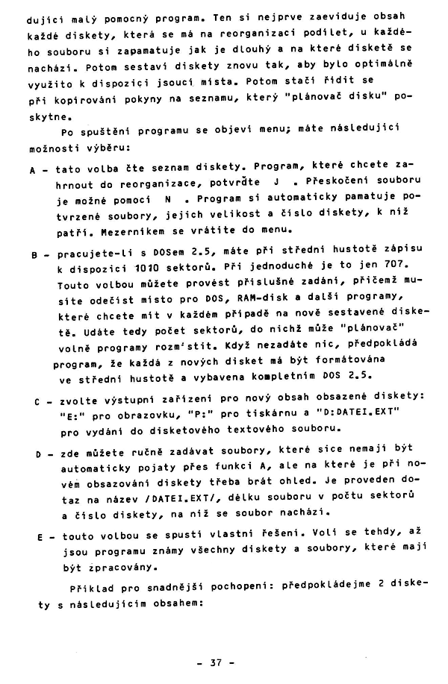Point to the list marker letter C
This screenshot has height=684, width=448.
tap(36, 401)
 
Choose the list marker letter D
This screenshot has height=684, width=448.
tap(36, 454)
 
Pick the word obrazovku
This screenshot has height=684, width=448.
tap(142, 415)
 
